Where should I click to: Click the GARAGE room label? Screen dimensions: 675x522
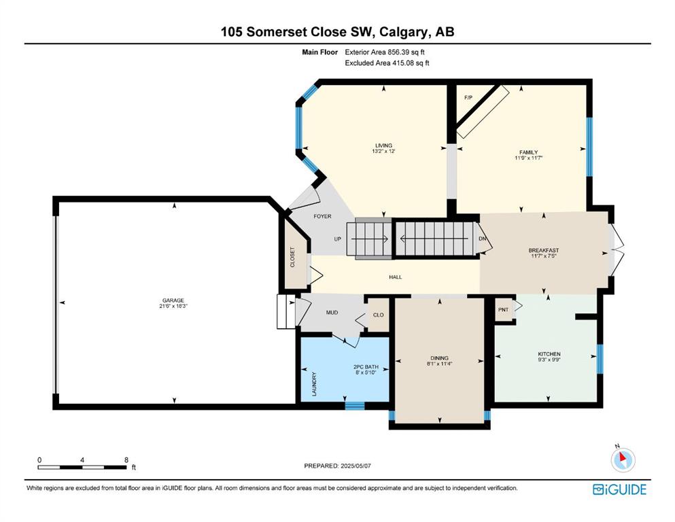pyautogui.click(x=173, y=300)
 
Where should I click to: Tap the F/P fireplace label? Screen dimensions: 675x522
pyautogui.click(x=468, y=98)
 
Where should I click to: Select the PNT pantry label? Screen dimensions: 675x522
pyautogui.click(x=503, y=309)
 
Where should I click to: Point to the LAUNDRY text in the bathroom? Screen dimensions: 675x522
pyautogui.click(x=314, y=384)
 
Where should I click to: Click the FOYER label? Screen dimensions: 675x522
pyautogui.click(x=322, y=216)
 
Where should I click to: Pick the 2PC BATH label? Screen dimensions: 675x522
pyautogui.click(x=366, y=367)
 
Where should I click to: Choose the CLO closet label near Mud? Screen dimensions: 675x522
pyautogui.click(x=379, y=315)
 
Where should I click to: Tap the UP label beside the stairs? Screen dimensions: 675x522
pyautogui.click(x=338, y=239)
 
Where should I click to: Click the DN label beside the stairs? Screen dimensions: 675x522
pyautogui.click(x=482, y=239)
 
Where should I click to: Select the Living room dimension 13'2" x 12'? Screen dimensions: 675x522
pyautogui.click(x=383, y=151)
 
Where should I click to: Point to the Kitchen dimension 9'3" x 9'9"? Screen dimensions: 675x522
pyautogui.click(x=549, y=360)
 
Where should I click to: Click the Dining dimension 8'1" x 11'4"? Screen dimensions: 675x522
pyautogui.click(x=440, y=364)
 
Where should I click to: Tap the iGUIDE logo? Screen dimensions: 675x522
pyautogui.click(x=619, y=490)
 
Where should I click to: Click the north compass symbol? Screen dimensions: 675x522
pyautogui.click(x=623, y=459)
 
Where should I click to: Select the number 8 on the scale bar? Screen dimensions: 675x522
pyautogui.click(x=126, y=460)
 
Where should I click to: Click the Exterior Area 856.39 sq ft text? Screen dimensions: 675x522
pyautogui.click(x=385, y=52)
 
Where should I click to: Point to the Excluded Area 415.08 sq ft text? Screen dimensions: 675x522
pyautogui.click(x=387, y=63)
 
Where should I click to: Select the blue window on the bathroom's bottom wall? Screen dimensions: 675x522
pyautogui.click(x=355, y=405)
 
